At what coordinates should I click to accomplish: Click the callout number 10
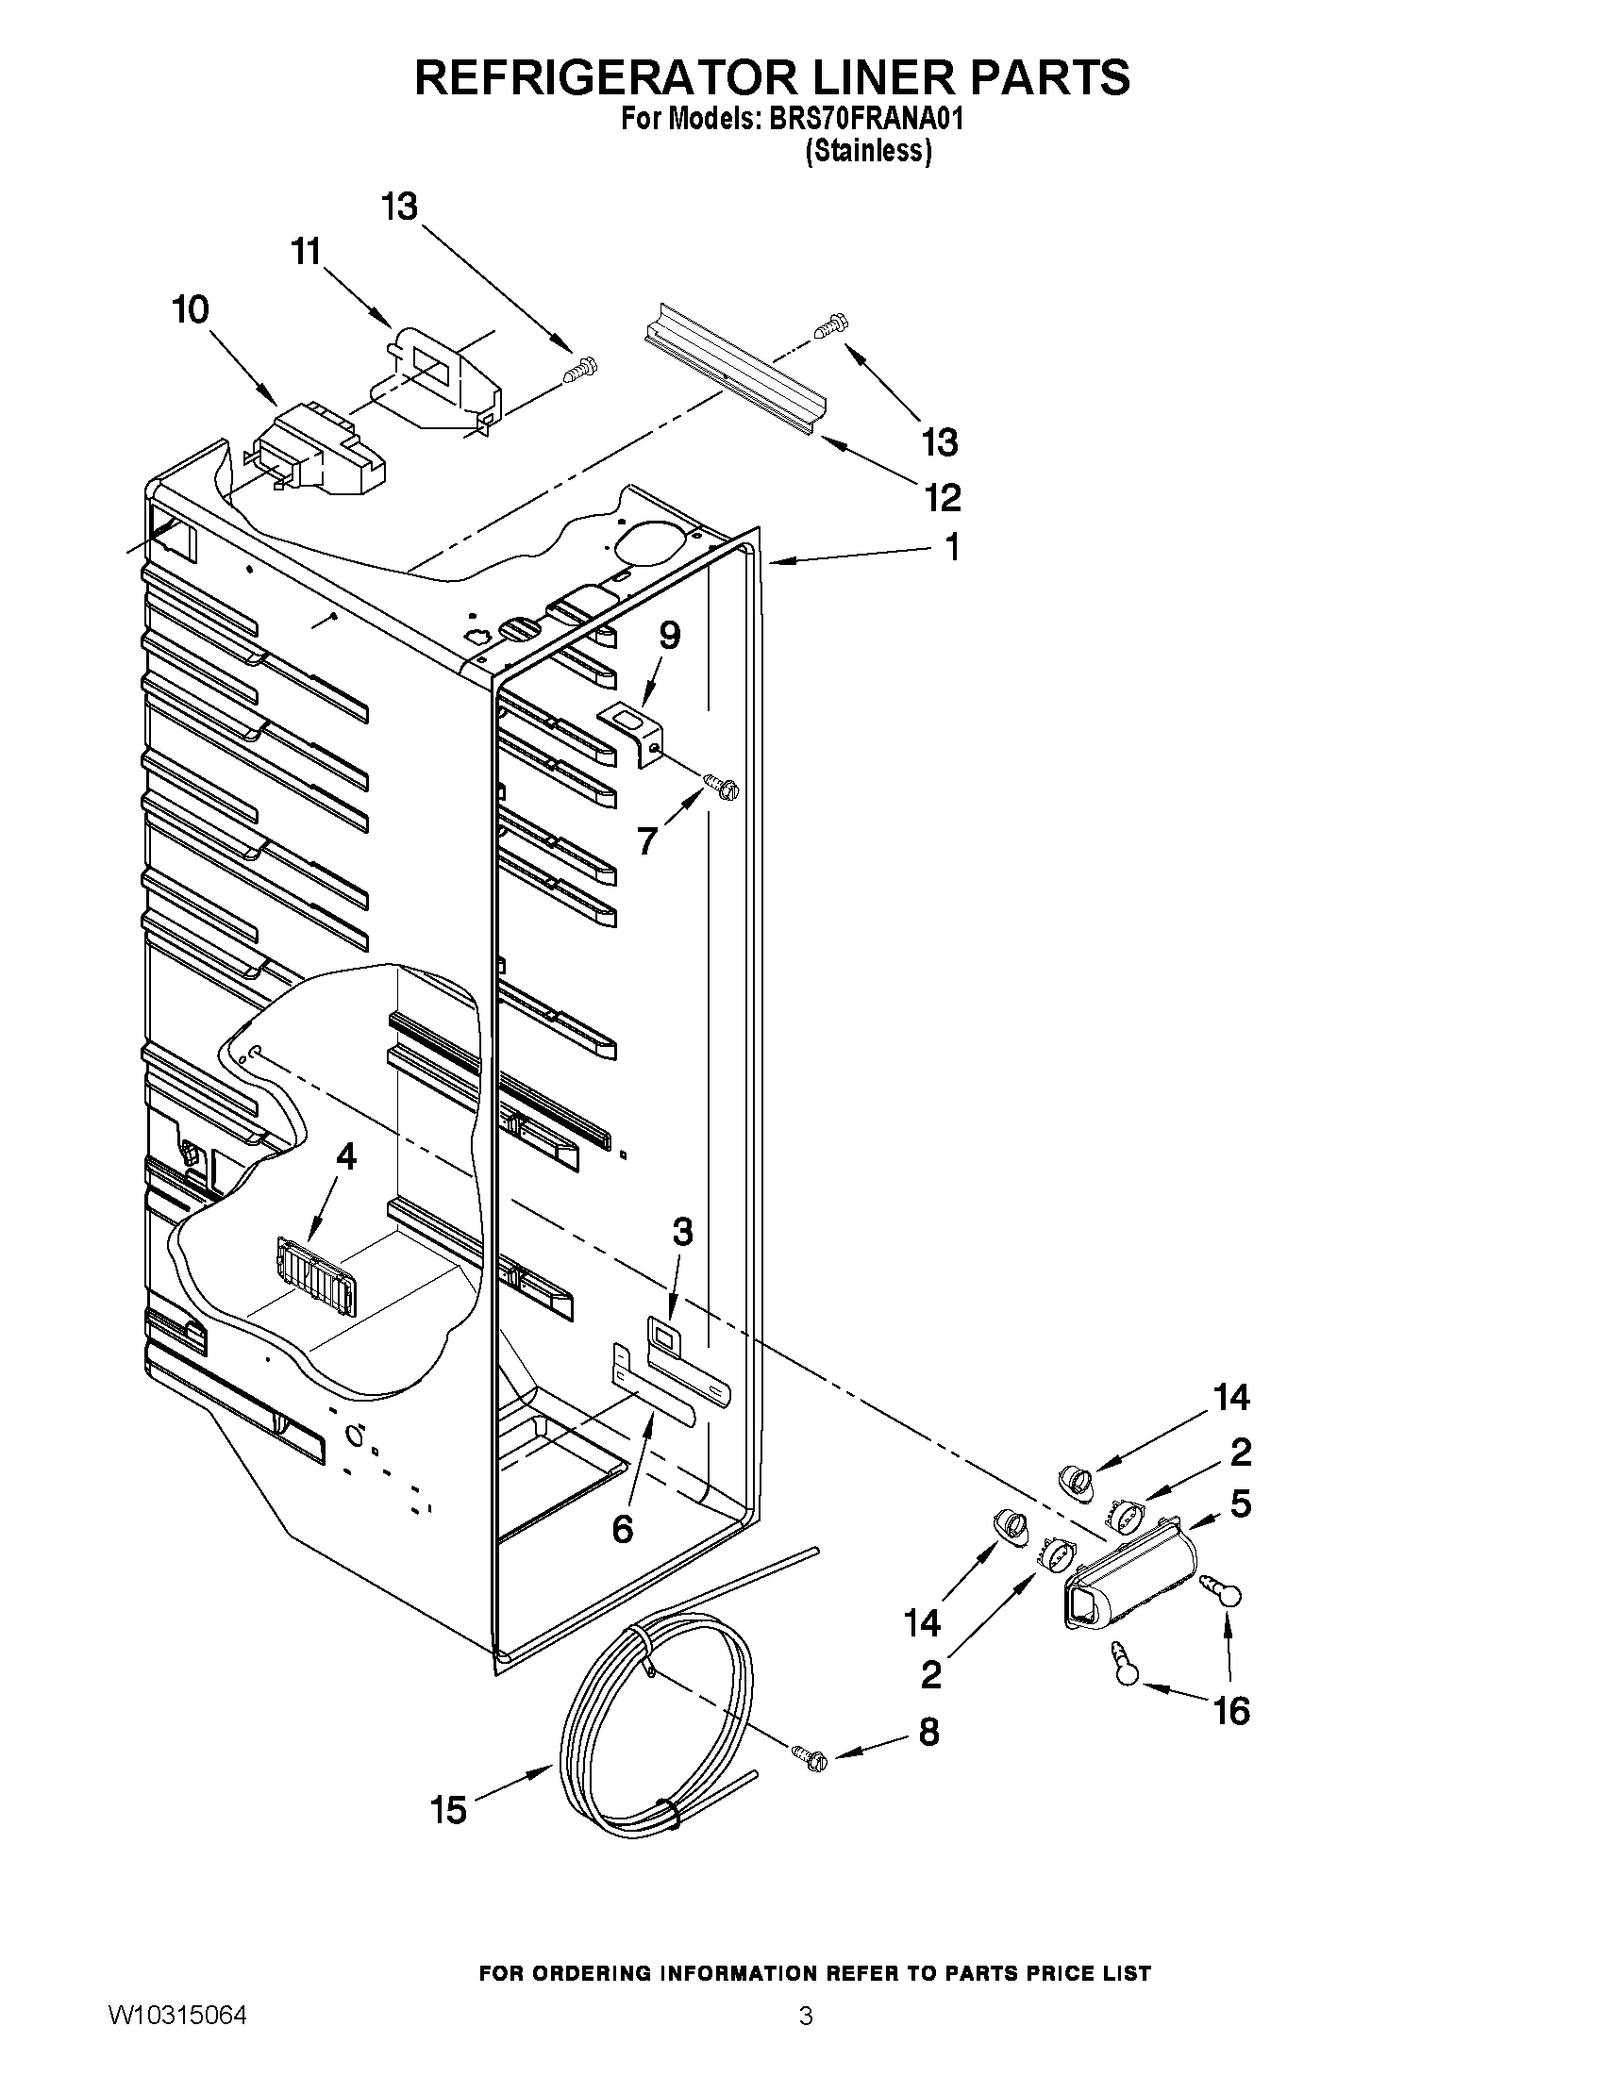click(x=192, y=310)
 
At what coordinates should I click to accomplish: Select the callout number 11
click(x=305, y=253)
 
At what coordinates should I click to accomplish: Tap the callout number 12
click(x=942, y=497)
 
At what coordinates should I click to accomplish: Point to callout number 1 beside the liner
click(x=951, y=547)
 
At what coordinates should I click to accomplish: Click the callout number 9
click(x=669, y=635)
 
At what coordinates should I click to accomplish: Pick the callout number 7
click(x=646, y=840)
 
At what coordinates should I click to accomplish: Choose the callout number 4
click(x=346, y=1156)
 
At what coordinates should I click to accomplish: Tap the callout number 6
click(x=622, y=1530)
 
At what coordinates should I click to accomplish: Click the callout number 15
click(x=448, y=1811)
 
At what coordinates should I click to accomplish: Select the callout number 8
click(x=928, y=1732)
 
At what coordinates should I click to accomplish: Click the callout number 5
click(x=1240, y=1503)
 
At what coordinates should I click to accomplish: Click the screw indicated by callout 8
click(x=810, y=1758)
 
